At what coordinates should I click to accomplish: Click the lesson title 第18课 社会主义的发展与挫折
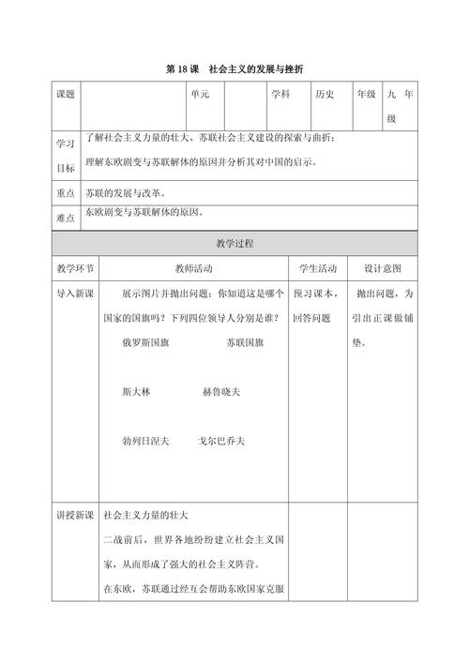coord(234,68)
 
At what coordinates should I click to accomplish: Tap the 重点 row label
coord(66,193)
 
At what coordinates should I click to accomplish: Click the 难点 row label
coord(66,217)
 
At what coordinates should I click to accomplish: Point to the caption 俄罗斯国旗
coord(147,343)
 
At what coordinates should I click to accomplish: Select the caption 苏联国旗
coord(245,343)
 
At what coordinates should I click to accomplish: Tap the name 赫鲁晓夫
coord(221,392)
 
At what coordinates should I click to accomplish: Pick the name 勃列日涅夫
coord(145,441)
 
